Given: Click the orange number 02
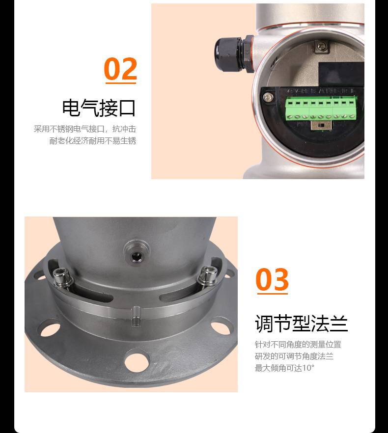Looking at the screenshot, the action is coord(120,68).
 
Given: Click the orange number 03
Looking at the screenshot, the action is coord(272,279).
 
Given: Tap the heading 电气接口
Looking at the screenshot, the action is coord(99,108).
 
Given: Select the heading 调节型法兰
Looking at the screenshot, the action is coord(301,323).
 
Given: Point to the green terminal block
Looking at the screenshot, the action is coord(321,109).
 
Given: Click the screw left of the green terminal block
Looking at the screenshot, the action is coord(268,97).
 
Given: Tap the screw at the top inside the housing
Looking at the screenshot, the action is coord(321,45).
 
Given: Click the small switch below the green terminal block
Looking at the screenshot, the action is coord(322,126).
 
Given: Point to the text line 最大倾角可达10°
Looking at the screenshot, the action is coord(285,368).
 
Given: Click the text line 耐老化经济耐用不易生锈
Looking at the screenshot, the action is coord(93,140).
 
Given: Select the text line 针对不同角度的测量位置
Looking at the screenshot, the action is coord(298,344).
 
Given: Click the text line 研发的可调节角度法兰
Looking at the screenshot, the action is coord(294,356).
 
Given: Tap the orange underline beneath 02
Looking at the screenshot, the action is coord(121,82).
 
